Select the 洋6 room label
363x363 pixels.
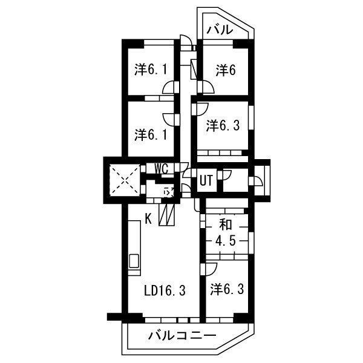225,70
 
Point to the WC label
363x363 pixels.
160,169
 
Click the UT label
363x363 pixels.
206,180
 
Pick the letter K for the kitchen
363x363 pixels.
148,218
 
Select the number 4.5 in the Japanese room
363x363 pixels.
226,241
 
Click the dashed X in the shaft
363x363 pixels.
123,179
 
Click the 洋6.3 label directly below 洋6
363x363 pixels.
223,126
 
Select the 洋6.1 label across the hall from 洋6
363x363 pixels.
150,70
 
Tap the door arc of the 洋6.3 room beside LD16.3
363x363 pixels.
211,267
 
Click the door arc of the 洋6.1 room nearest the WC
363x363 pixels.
171,117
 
